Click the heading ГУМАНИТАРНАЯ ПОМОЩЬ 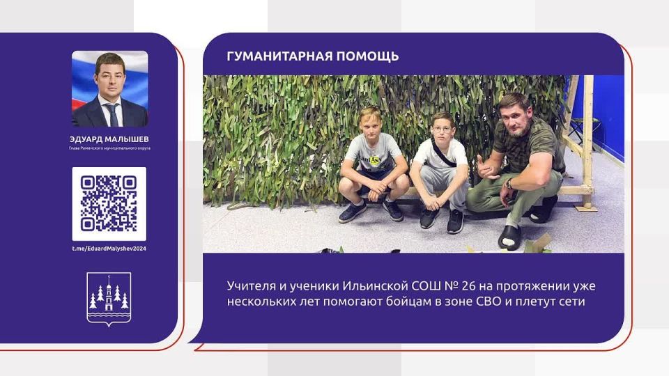pos(313,56)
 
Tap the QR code pos(109,204)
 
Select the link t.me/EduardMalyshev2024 pos(109,249)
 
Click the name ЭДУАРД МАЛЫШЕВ pos(109,139)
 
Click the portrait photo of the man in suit pos(109,88)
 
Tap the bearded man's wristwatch pos(509,184)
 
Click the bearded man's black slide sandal pos(509,236)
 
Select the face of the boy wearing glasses pos(441,127)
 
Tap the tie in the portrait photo pos(110,111)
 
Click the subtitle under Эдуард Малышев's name pos(109,148)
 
